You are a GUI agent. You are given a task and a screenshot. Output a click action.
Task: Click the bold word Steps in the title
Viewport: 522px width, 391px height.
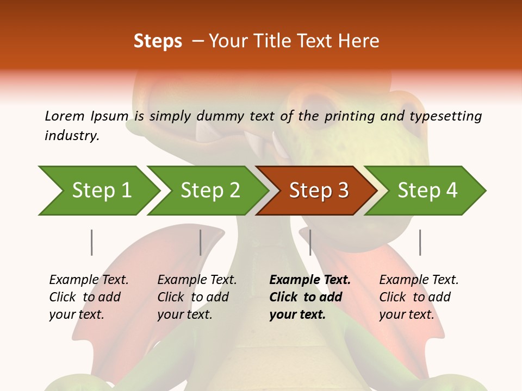(x=158, y=41)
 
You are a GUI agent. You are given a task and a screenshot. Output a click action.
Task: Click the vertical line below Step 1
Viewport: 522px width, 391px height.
(x=91, y=242)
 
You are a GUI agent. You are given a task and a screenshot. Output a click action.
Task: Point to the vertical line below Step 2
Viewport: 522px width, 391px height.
(x=201, y=242)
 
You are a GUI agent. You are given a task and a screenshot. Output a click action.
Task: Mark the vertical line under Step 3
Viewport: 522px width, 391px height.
(x=310, y=242)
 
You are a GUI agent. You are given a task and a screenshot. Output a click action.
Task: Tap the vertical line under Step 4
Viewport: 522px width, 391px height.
(x=420, y=242)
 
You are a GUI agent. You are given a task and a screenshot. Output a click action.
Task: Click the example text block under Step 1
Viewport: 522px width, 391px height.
(x=89, y=297)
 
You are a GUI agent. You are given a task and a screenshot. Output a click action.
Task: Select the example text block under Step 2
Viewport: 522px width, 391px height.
(x=197, y=297)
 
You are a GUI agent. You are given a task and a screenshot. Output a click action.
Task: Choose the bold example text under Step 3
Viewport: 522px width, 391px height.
(x=310, y=297)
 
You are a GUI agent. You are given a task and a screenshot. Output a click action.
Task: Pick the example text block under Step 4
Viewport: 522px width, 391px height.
(x=419, y=297)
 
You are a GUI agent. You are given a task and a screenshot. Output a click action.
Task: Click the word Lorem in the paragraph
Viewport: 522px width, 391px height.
(x=64, y=116)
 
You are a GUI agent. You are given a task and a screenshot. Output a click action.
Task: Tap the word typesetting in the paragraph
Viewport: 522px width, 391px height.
(x=445, y=116)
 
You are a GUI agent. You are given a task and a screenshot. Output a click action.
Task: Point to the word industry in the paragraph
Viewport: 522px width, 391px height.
(x=71, y=136)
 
